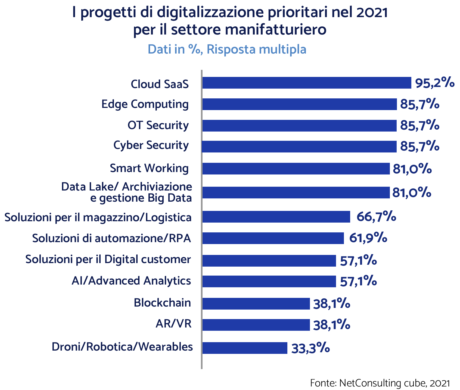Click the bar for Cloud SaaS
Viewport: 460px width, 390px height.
[307, 83]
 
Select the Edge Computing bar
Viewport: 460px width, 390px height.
[299, 104]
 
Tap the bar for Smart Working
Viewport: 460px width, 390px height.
[296, 169]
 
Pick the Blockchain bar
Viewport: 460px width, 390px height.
[256, 304]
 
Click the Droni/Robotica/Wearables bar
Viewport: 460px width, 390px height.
[245, 348]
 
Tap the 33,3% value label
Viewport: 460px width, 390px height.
[310, 348]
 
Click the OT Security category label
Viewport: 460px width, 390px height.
[158, 126]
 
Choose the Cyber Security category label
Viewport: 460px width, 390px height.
[151, 145]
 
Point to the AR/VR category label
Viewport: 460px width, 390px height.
[173, 324]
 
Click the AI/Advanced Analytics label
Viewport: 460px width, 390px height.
[131, 281]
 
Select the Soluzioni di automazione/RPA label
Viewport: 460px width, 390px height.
[111, 238]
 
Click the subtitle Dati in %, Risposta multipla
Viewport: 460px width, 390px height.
[227, 49]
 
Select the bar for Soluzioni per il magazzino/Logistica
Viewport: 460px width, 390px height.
[276, 217]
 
